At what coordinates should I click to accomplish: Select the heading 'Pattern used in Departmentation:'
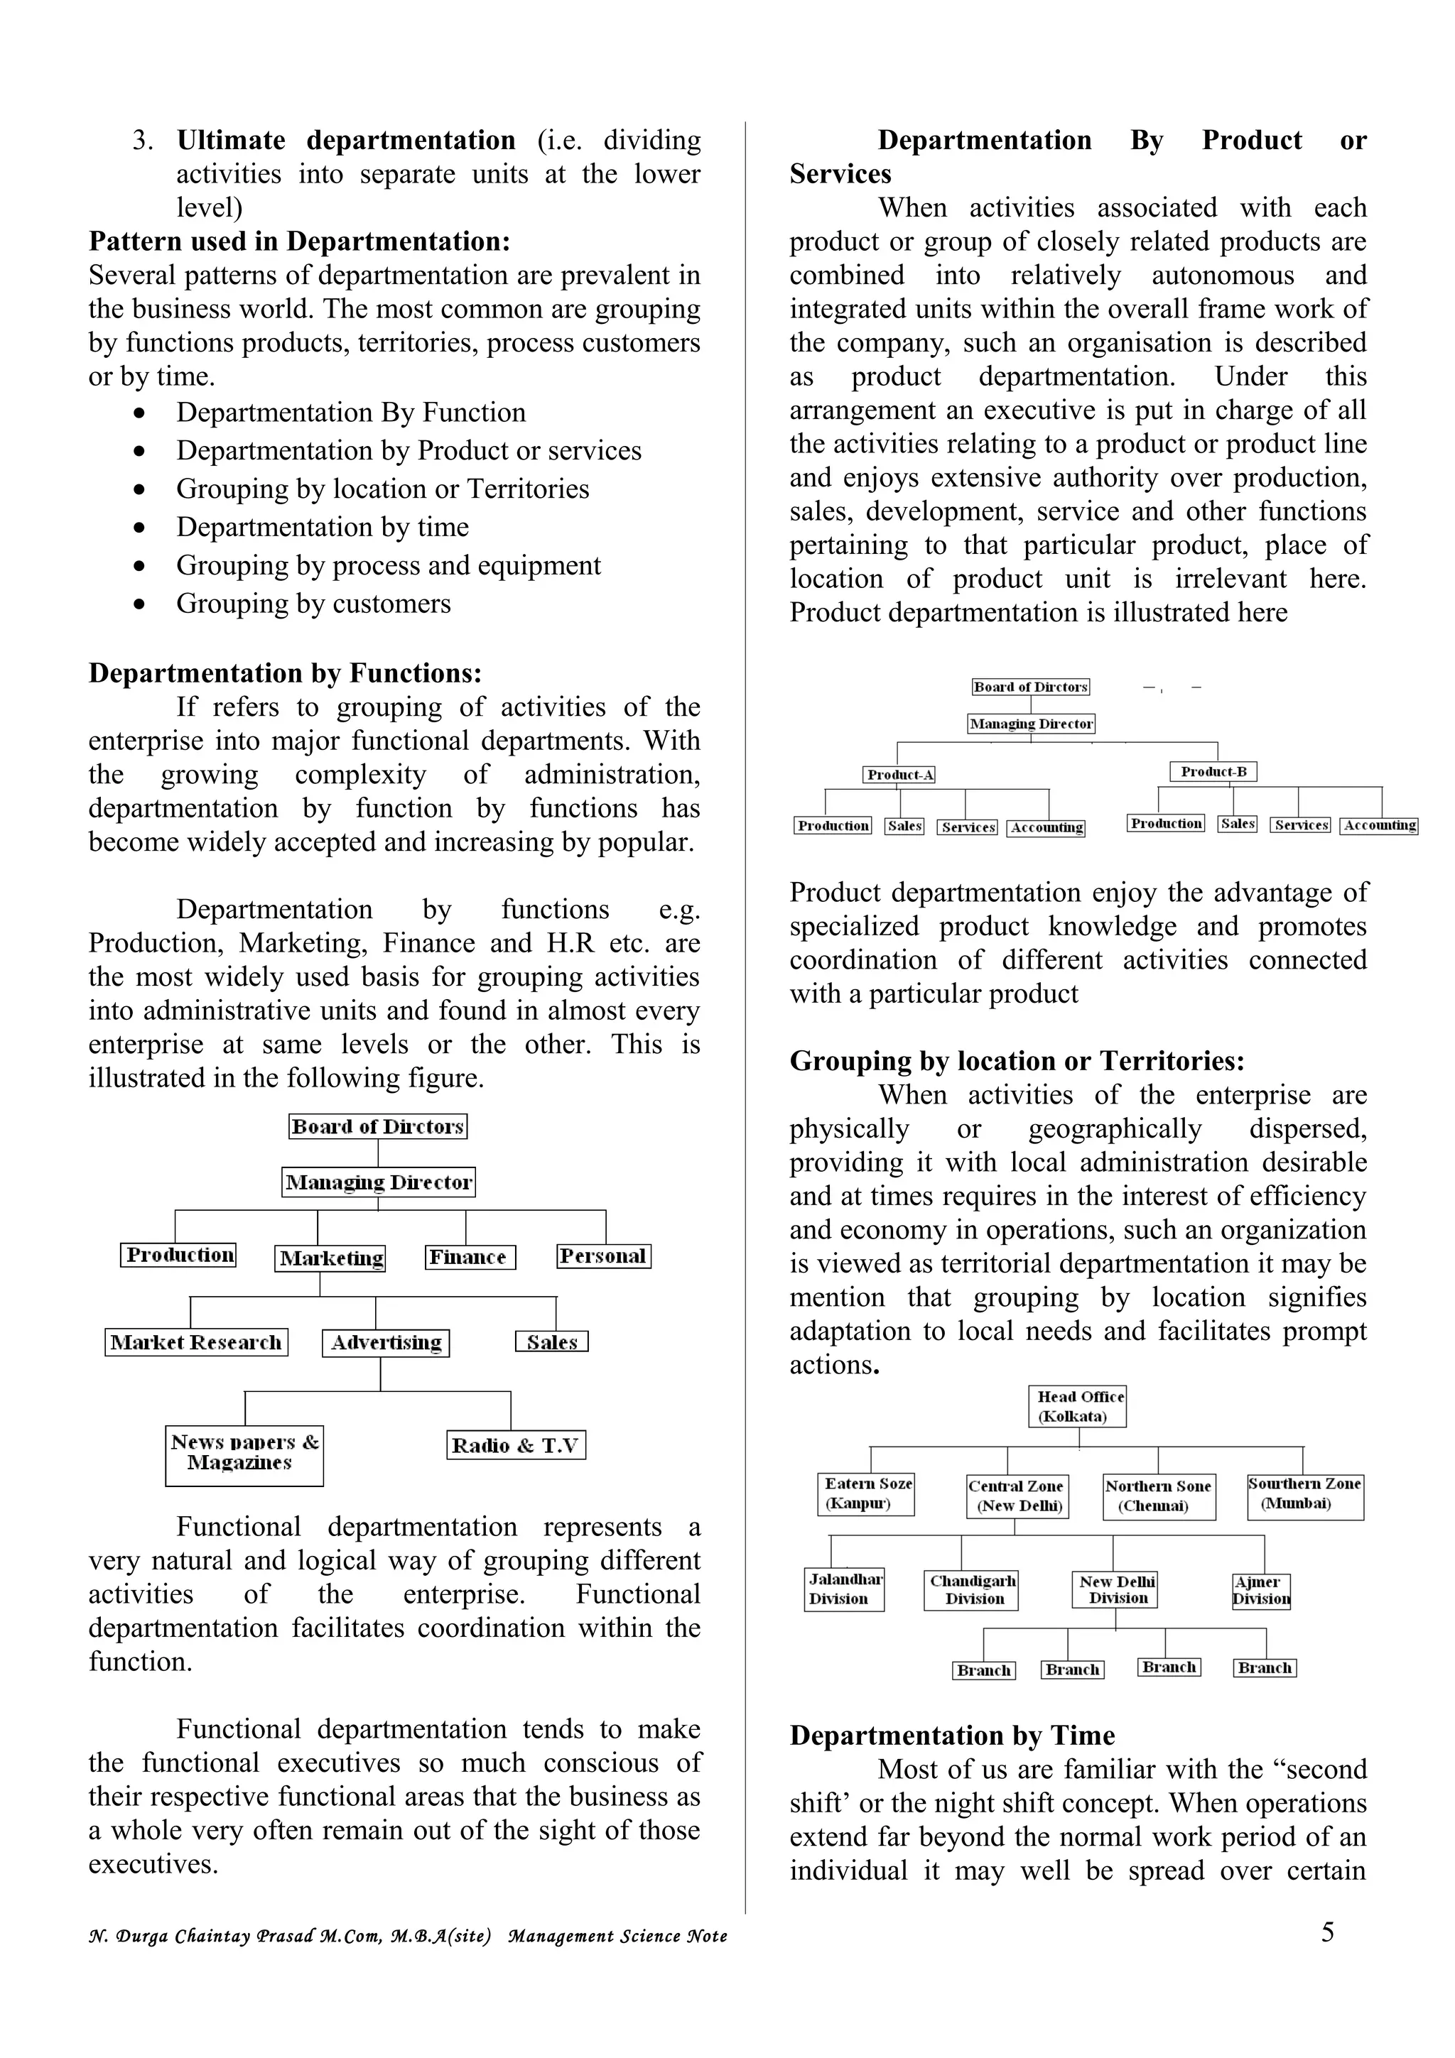[x=299, y=241]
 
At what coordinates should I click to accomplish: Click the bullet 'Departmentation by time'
[x=322, y=527]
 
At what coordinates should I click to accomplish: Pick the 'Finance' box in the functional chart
[x=470, y=1257]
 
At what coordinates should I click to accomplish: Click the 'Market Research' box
[x=195, y=1342]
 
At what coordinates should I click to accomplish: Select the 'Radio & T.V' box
[x=516, y=1445]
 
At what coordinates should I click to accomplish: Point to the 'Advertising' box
[x=386, y=1343]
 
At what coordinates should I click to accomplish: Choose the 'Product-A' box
[x=899, y=775]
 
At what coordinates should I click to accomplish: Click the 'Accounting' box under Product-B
[x=1379, y=824]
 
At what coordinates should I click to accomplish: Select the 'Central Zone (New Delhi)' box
[x=1016, y=1496]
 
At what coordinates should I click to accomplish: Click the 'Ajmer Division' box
[x=1260, y=1590]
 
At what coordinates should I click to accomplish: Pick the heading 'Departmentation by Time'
[x=951, y=1736]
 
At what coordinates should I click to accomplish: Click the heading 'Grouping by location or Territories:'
[x=1017, y=1060]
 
